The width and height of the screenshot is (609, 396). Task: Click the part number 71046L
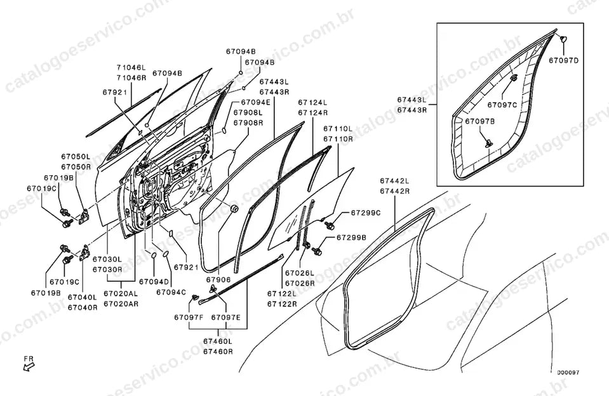point(131,67)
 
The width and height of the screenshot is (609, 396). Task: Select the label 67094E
point(255,102)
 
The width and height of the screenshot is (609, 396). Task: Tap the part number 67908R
point(248,122)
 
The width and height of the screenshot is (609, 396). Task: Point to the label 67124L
point(313,103)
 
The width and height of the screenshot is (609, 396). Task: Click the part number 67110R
point(338,138)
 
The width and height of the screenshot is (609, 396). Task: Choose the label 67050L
point(76,157)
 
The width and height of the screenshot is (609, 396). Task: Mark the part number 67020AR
point(121,304)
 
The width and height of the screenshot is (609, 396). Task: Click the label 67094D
point(154,282)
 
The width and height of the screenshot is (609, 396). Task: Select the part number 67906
point(218,279)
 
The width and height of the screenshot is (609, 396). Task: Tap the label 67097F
point(189,317)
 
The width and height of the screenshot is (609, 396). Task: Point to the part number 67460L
point(218,341)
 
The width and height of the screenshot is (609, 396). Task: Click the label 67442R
point(394,191)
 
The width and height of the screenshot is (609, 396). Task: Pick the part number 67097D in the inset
point(563,60)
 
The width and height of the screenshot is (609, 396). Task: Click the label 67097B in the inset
point(480,121)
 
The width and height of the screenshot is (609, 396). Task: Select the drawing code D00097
point(568,373)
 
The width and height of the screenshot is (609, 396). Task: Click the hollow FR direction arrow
point(29,366)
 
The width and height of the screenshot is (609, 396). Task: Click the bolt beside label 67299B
point(316,251)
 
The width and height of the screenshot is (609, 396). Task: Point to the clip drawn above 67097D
point(563,39)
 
